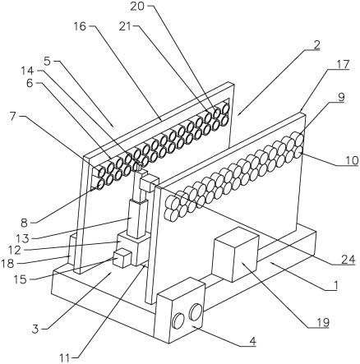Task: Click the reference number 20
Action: coord(137,7)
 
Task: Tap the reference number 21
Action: coord(127,26)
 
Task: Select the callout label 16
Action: coord(80,26)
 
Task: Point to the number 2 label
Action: coord(316,45)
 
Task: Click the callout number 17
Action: coord(342,65)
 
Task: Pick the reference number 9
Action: coord(341,97)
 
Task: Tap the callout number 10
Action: coord(352,160)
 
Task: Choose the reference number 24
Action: coord(348,259)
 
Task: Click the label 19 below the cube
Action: coord(322,322)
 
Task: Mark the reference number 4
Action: coord(252,341)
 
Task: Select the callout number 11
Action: coord(66,358)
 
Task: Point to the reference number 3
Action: coord(35,329)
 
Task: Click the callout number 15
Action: coord(21,279)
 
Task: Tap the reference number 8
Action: coord(25,223)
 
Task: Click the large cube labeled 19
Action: coord(236,255)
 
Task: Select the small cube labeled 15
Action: coord(122,258)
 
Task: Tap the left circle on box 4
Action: coord(178,320)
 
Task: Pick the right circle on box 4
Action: coord(196,311)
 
